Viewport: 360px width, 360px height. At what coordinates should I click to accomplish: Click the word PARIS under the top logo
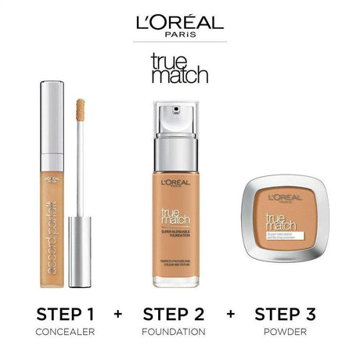180,35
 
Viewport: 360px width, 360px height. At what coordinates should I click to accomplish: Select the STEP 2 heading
179,315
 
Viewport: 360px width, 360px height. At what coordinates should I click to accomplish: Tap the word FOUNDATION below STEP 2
179,333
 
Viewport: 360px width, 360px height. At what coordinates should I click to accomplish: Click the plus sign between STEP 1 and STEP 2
119,315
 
